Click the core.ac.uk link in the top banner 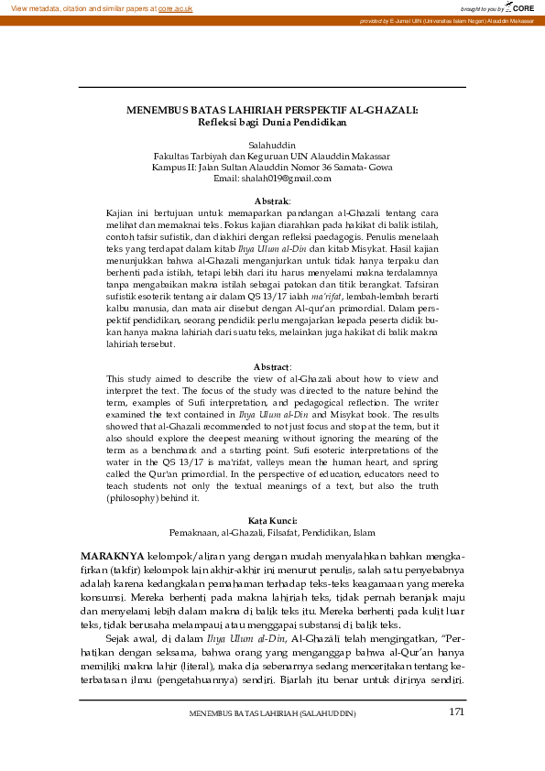coord(175,7)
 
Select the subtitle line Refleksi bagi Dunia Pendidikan coord(272,121)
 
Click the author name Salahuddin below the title coord(272,145)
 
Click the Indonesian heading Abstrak coord(270,201)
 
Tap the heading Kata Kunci coord(272,520)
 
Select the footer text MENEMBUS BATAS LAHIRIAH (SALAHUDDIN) coord(272,713)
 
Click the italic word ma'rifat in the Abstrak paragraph coord(325,272)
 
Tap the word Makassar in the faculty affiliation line coord(366,156)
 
